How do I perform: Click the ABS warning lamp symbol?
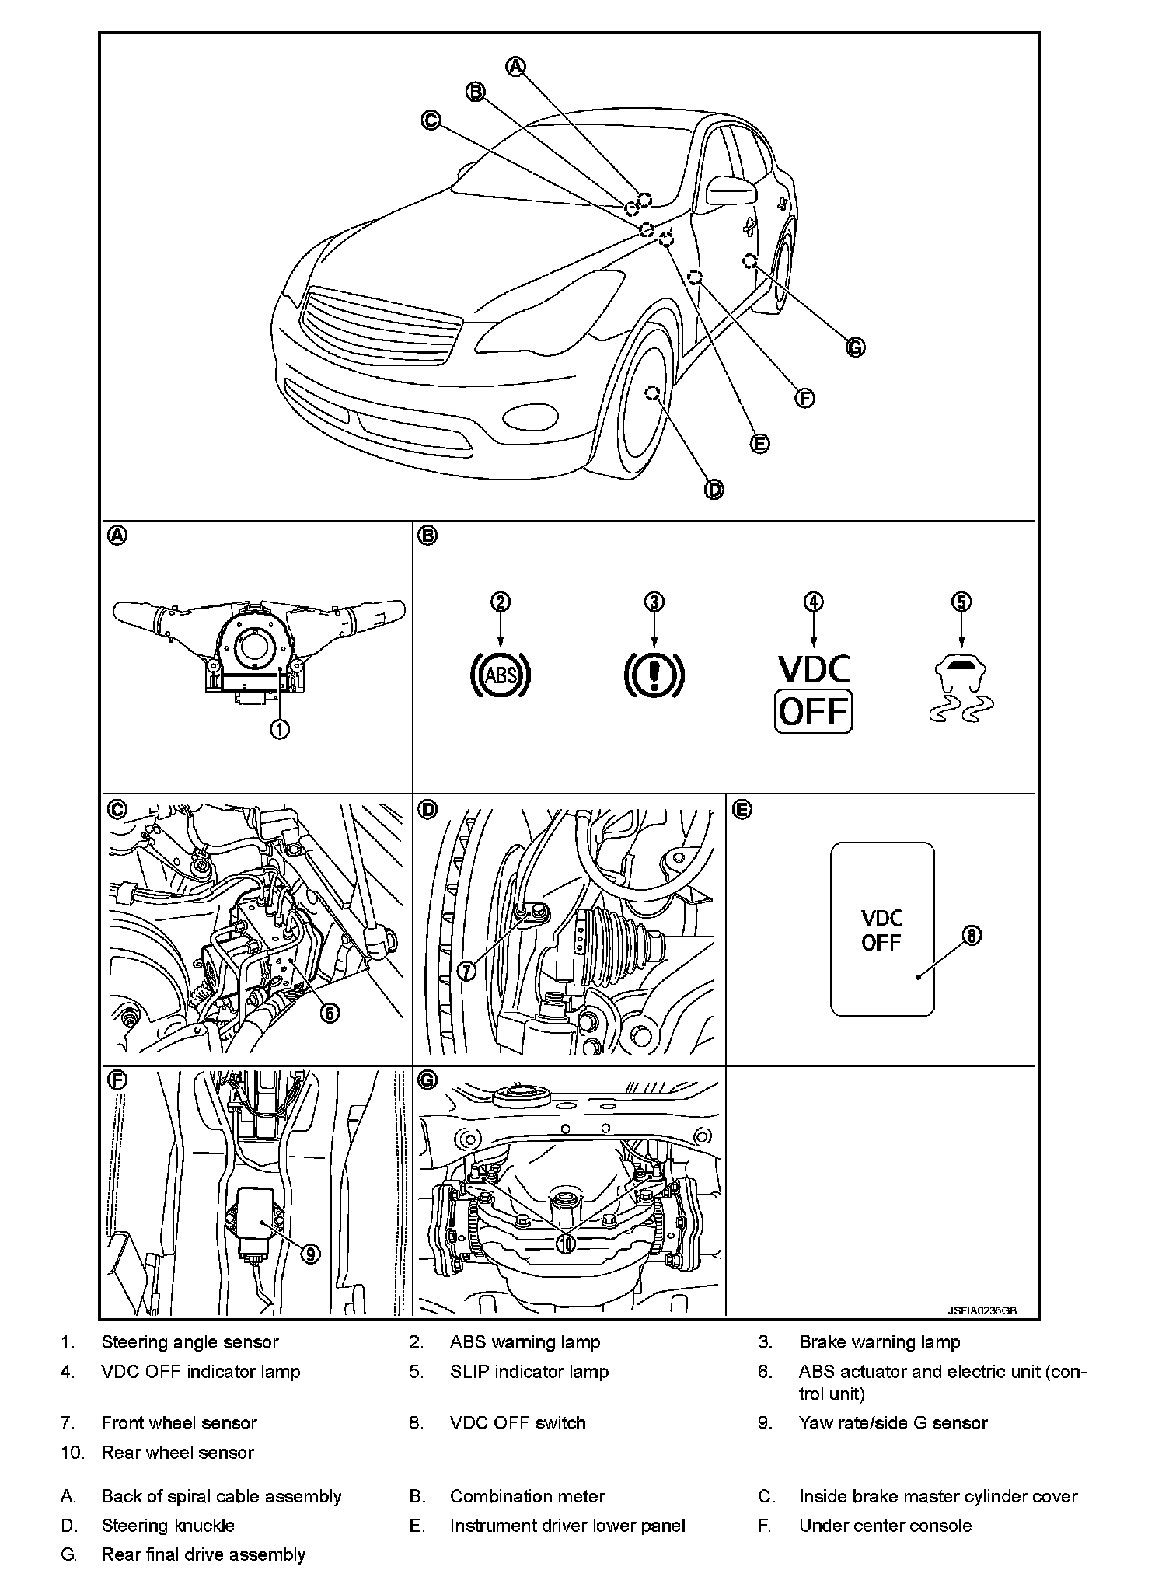point(501,674)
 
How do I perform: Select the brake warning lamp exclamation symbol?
point(654,674)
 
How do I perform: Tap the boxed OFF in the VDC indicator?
point(813,711)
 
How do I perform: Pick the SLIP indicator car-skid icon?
point(961,689)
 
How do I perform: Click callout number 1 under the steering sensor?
point(280,729)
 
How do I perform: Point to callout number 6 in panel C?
point(329,1013)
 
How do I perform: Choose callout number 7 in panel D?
point(466,971)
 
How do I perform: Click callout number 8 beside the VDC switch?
point(972,936)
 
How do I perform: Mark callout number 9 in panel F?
point(309,1254)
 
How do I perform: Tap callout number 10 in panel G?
point(566,1244)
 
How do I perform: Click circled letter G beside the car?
point(855,347)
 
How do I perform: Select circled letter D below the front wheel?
point(714,490)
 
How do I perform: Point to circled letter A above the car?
point(516,67)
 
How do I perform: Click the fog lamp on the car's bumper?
point(531,417)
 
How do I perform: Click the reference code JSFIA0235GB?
point(982,1310)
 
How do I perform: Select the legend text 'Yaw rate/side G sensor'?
point(892,1423)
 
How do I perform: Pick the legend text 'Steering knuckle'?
point(168,1526)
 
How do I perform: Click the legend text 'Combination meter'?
point(527,1496)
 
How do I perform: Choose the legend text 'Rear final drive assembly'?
point(204,1554)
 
